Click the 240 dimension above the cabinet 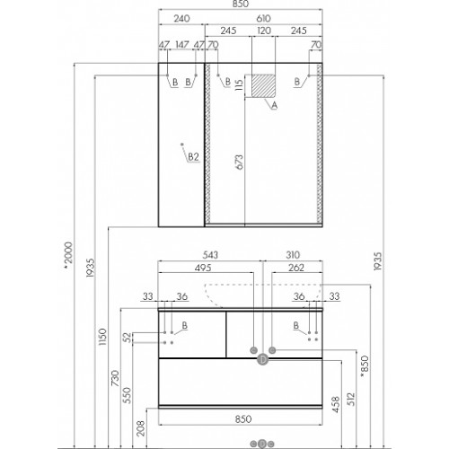coord(181,19)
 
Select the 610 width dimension coord(263,19)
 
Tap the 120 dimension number coord(264,31)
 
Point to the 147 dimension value coord(182,45)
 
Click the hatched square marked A coord(263,86)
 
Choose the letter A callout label coord(274,105)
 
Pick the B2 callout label coord(193,156)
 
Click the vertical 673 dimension coord(240,162)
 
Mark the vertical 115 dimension coord(240,84)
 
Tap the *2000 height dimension coord(68,254)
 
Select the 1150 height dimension coord(102,337)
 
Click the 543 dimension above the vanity coord(210,255)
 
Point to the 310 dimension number coord(293,255)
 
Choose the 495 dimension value coord(203,268)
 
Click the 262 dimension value coord(296,268)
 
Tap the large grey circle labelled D coord(262,359)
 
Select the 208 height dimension coord(140,428)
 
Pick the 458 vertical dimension coord(336,404)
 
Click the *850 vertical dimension coord(365,365)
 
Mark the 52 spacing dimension coord(128,338)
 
